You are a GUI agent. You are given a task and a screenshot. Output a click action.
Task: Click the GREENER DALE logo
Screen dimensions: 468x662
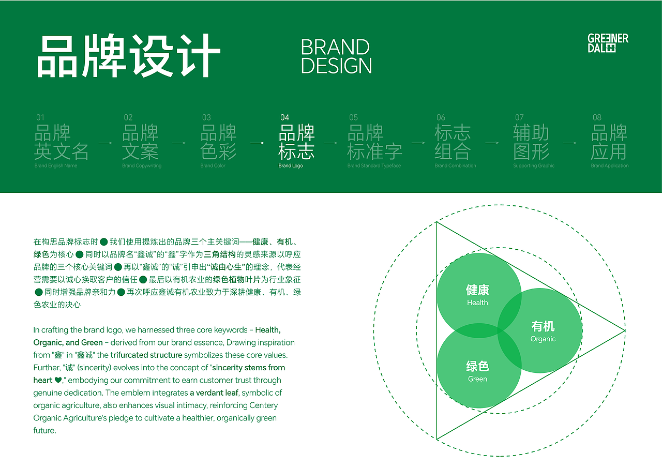pos(608,43)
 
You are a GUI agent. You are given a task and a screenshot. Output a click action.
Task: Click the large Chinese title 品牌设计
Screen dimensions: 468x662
pos(129,56)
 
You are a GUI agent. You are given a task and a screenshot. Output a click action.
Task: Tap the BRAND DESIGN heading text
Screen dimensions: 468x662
pos(336,56)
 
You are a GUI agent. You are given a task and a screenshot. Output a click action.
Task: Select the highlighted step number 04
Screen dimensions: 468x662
pos(284,117)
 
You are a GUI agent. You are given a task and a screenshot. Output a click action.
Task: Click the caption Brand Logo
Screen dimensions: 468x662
pos(291,166)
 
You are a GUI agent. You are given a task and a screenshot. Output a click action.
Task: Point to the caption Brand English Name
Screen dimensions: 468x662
pos(56,166)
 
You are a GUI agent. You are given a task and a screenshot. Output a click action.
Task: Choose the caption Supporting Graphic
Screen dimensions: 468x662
pos(533,166)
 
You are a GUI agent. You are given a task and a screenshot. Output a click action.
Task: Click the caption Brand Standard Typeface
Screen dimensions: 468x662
pos(374,166)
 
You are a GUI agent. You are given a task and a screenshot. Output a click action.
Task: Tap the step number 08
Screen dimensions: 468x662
pos(597,117)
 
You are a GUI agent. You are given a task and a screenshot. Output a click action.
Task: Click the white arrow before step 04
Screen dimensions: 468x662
pos(258,143)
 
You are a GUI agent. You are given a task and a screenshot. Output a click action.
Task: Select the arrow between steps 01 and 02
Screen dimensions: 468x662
pos(106,143)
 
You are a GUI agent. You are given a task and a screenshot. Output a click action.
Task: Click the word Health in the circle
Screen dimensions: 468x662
pos(477,303)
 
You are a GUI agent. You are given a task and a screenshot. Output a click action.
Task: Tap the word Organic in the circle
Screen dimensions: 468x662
pos(543,339)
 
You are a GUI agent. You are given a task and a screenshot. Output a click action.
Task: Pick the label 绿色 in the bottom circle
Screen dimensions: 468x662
pos(477,367)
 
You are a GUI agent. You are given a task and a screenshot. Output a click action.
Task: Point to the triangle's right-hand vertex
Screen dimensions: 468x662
pos(625,330)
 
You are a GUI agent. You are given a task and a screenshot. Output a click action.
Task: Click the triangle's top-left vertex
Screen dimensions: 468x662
pos(437,222)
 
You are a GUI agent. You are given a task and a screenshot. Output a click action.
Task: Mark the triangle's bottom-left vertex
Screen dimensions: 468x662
pos(437,440)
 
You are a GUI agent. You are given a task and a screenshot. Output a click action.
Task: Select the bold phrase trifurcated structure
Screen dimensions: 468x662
pos(146,355)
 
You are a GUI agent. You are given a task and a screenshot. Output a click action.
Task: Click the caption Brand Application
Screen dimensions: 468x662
pos(610,166)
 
